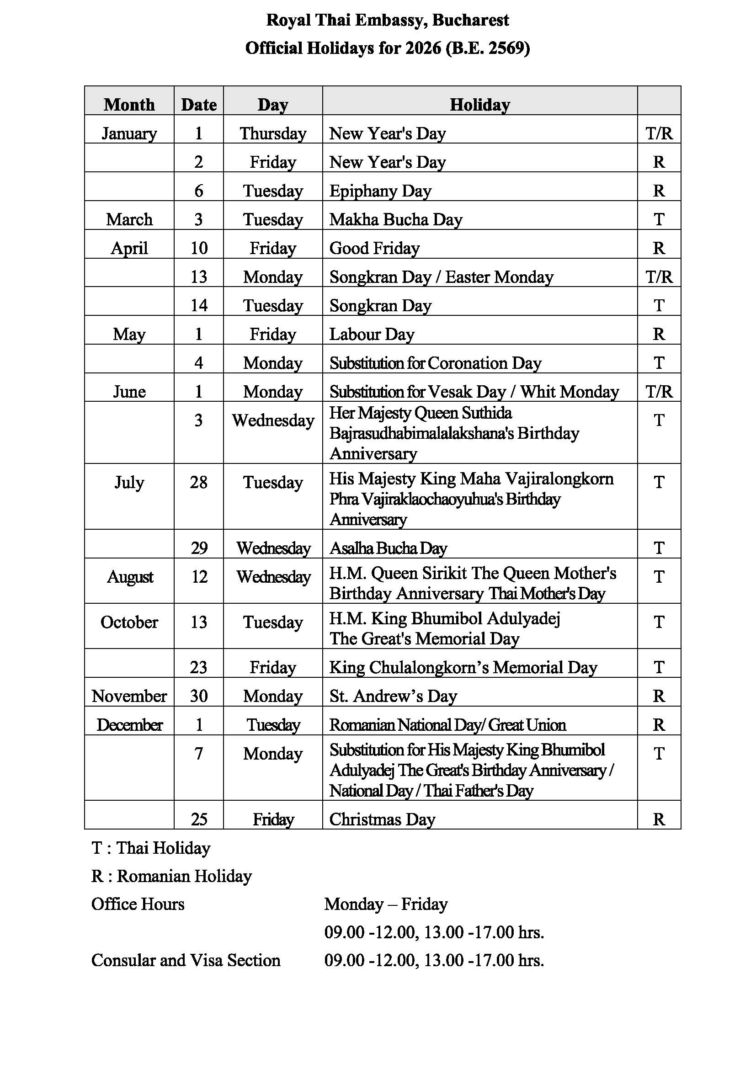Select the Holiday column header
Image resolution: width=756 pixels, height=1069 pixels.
479,104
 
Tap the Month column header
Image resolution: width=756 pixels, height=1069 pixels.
129,104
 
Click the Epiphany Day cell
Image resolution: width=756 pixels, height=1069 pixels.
380,191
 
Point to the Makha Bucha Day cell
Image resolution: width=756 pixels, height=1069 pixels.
396,219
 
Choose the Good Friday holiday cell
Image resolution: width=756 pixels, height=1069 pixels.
374,248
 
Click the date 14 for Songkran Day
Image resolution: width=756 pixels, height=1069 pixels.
199,305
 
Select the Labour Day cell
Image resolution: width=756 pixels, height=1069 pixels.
372,334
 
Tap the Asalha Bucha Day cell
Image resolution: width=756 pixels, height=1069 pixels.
388,548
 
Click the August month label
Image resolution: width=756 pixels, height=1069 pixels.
129,577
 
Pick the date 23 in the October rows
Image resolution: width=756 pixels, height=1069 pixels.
199,667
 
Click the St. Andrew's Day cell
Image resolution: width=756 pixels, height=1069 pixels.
393,696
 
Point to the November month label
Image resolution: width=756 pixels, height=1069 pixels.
129,696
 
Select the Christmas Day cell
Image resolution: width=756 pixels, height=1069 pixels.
382,819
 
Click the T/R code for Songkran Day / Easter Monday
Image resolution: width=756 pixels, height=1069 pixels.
659,277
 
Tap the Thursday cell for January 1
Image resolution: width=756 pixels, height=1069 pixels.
273,133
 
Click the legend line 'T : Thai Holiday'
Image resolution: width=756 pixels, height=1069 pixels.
151,848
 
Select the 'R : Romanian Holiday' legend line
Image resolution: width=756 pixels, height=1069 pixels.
171,876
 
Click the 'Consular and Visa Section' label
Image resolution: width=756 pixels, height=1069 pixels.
186,961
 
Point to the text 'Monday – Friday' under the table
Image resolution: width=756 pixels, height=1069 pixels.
386,904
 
